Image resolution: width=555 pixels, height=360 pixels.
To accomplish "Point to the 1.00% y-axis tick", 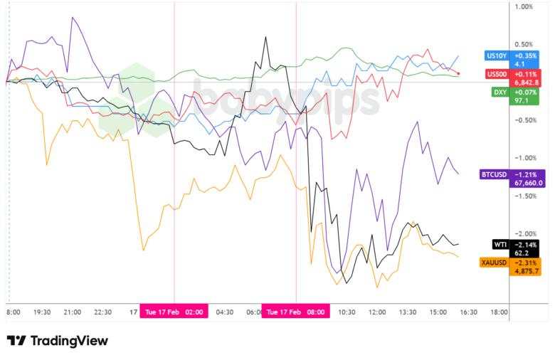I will tap(523, 7).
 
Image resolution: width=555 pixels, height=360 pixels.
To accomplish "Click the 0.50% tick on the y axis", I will tap(523, 45).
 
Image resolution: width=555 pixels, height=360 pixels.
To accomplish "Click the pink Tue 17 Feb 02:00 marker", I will tap(174, 312).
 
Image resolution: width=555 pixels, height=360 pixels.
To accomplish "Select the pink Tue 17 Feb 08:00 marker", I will tap(295, 312).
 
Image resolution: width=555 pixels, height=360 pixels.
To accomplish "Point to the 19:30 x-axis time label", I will tap(42, 312).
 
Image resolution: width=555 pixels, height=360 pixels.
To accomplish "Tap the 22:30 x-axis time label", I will tap(103, 312).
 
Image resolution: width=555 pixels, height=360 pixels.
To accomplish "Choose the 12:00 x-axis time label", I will tap(377, 312).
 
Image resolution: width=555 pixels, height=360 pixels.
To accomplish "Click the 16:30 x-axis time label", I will tap(468, 312).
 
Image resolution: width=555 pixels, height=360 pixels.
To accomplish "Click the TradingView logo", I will tap(57, 341).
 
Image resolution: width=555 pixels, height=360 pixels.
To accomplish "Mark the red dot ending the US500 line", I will tap(459, 73).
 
